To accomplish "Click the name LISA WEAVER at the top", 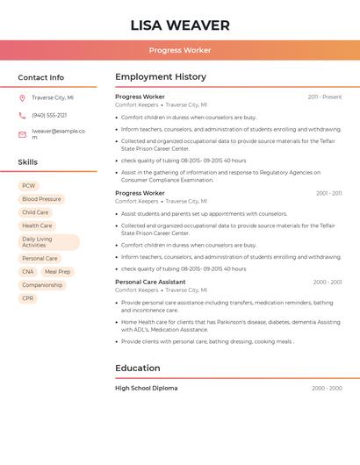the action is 180,25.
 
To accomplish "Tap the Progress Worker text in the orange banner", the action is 180,51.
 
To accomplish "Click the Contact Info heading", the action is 41,77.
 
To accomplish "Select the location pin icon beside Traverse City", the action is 22,98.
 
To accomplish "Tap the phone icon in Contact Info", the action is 22,116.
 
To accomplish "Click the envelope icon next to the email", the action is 22,134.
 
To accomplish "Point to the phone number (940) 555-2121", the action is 49,116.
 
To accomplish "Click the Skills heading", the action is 28,162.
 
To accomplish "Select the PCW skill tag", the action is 29,186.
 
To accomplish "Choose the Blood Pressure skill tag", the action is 41,199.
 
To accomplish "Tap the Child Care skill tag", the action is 35,212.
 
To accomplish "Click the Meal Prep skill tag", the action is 57,272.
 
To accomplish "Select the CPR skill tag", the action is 28,298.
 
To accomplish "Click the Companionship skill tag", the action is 42,285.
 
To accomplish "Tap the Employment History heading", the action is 161,77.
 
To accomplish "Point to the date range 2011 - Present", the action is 324,97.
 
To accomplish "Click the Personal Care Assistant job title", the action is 150,283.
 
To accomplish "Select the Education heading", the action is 138,368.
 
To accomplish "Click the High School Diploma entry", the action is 147,388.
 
